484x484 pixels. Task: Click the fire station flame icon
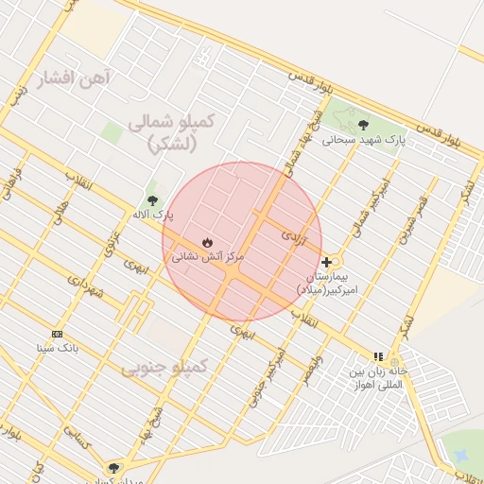[x=208, y=242]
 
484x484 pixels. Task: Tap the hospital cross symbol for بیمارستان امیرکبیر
[x=327, y=262]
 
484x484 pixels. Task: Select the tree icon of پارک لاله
[x=153, y=200]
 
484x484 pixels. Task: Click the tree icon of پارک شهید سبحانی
[x=363, y=125]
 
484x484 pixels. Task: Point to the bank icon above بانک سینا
[x=58, y=334]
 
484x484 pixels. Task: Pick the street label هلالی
[x=60, y=212]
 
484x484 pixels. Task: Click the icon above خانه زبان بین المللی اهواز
[x=379, y=356]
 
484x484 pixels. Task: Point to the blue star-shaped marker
[x=460, y=456]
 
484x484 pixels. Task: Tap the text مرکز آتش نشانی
[x=208, y=257]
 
